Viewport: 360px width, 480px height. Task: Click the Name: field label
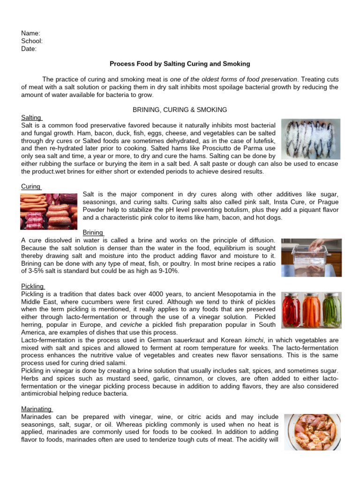click(30, 33)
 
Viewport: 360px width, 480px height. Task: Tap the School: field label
click(32, 41)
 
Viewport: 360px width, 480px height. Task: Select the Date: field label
click(29, 48)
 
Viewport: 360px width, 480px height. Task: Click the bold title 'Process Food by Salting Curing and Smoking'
click(180, 63)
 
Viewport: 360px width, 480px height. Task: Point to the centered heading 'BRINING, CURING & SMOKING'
click(180, 110)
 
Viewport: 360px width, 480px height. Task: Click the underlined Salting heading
click(31, 118)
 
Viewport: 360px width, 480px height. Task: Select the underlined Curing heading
click(31, 187)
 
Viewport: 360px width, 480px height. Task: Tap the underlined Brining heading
click(93, 232)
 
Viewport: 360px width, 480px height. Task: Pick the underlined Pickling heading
click(32, 286)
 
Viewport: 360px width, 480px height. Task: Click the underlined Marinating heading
click(37, 409)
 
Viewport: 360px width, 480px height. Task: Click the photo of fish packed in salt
click(310, 139)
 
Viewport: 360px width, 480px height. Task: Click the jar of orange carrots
click(311, 309)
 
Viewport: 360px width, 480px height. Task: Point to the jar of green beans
click(331, 309)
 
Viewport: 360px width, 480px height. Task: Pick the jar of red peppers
click(291, 309)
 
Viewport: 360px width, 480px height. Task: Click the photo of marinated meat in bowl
click(312, 432)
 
